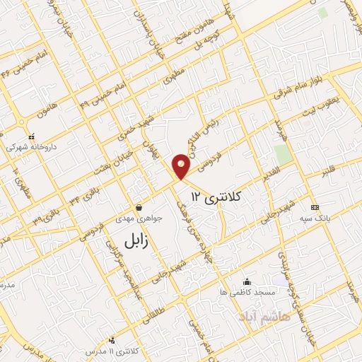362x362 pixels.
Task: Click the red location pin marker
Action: pos(182,165)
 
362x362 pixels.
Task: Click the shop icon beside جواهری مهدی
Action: pos(139,208)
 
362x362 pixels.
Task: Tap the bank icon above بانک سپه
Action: pos(315,207)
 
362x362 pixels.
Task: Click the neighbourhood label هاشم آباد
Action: pos(255,312)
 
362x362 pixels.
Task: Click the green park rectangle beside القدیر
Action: pos(283,154)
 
